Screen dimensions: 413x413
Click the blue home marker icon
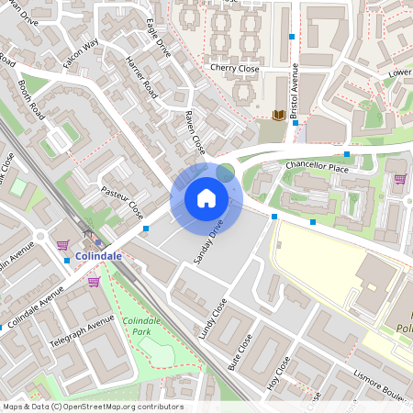pyautogui.click(x=206, y=197)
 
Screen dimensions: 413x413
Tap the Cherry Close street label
pyautogui.click(x=235, y=68)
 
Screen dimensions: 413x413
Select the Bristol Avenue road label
pyautogui.click(x=296, y=93)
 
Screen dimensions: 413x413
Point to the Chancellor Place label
pyautogui.click(x=318, y=167)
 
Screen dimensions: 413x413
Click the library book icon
pyautogui.click(x=278, y=115)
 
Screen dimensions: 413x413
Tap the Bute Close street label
pyautogui.click(x=240, y=352)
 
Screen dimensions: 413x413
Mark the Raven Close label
pyautogui.click(x=195, y=132)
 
